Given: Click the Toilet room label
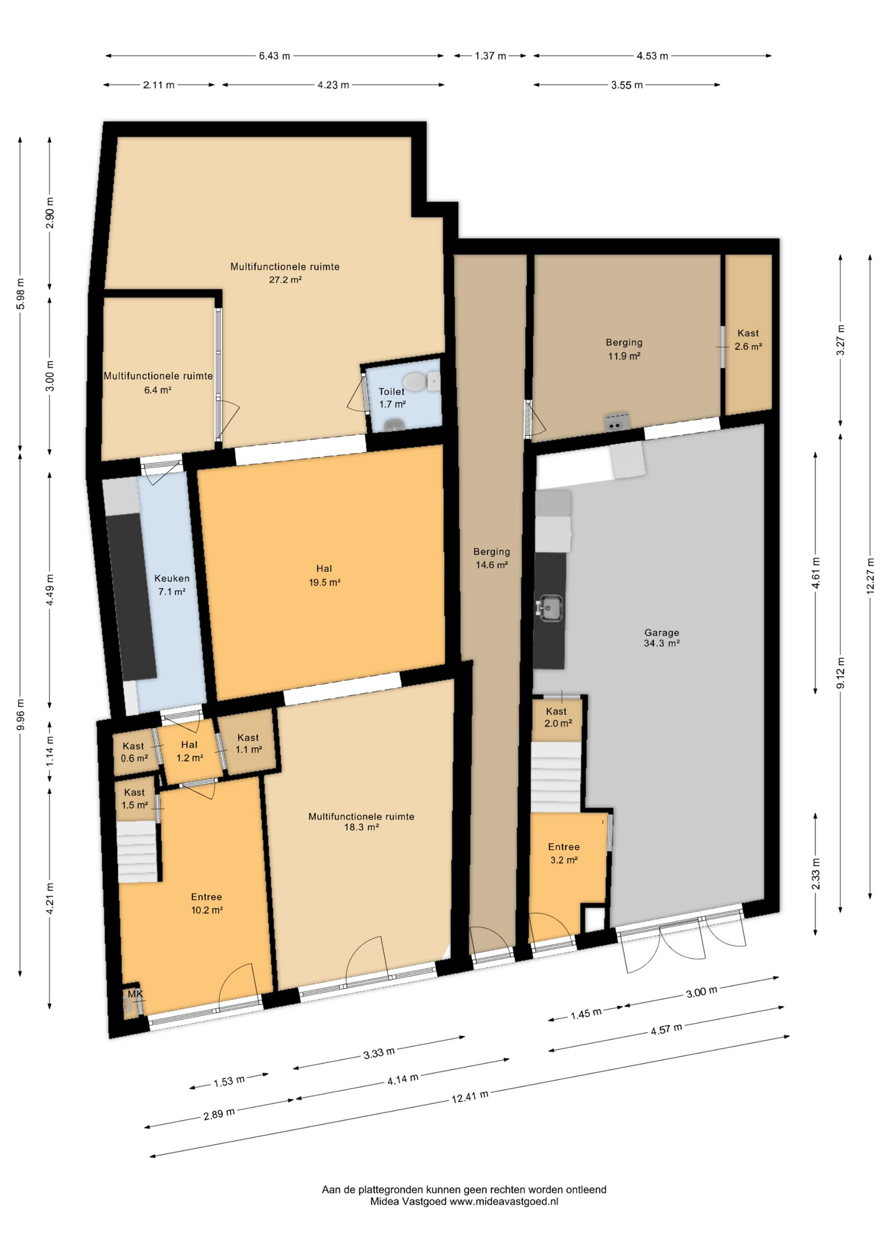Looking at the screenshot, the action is point(392,397).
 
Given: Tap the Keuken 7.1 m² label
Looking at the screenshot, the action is point(172,585).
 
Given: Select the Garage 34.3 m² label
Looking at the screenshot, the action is point(661,638).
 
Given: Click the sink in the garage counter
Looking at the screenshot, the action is point(549,608).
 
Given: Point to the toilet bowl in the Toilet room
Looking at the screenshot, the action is point(415,381).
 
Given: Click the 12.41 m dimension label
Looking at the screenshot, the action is point(470,1096).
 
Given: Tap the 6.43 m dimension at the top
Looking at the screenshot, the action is point(274,56).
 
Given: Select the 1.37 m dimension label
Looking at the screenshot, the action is point(490,56).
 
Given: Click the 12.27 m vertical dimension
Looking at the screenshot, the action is point(870,576).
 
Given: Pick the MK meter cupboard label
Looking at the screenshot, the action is point(135,994).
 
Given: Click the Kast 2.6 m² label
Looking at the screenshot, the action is point(748,340).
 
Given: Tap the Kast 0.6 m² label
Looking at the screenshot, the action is point(134,752).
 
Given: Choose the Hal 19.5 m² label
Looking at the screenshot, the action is point(324,575).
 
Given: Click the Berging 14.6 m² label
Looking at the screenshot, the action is point(492,558).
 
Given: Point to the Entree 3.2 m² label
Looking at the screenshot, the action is point(564,853).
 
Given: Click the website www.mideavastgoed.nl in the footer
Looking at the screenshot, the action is point(503,1202).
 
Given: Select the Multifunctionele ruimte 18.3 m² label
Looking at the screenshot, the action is point(361,822).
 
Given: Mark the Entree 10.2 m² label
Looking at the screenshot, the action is point(206,903).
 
